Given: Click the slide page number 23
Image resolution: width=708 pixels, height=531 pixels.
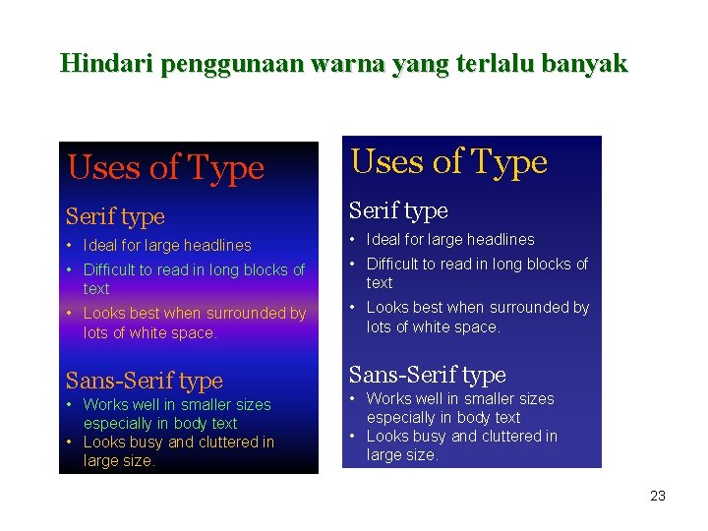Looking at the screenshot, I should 658,496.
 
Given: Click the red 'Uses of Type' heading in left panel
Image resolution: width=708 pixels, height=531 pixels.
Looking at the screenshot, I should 165,168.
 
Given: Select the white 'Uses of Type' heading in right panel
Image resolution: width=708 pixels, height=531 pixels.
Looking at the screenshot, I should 448,162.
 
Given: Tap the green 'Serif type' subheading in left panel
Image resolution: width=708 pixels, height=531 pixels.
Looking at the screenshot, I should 115,216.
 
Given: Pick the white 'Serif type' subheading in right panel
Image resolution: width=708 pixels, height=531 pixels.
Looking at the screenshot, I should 398,210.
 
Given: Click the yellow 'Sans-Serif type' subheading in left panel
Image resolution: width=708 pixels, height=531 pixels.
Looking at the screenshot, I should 144,381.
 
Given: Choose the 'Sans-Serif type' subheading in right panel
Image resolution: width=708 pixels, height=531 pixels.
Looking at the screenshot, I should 427,375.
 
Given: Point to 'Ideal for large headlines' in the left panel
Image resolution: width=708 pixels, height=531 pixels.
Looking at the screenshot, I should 167,246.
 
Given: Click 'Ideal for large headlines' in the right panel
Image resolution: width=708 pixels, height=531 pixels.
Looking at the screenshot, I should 450,240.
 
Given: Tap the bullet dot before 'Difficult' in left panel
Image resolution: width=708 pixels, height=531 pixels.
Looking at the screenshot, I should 70,270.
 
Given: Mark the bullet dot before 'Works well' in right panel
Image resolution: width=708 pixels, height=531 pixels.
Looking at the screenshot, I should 353,399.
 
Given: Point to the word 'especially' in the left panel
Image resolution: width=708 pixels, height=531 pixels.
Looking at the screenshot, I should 118,424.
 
